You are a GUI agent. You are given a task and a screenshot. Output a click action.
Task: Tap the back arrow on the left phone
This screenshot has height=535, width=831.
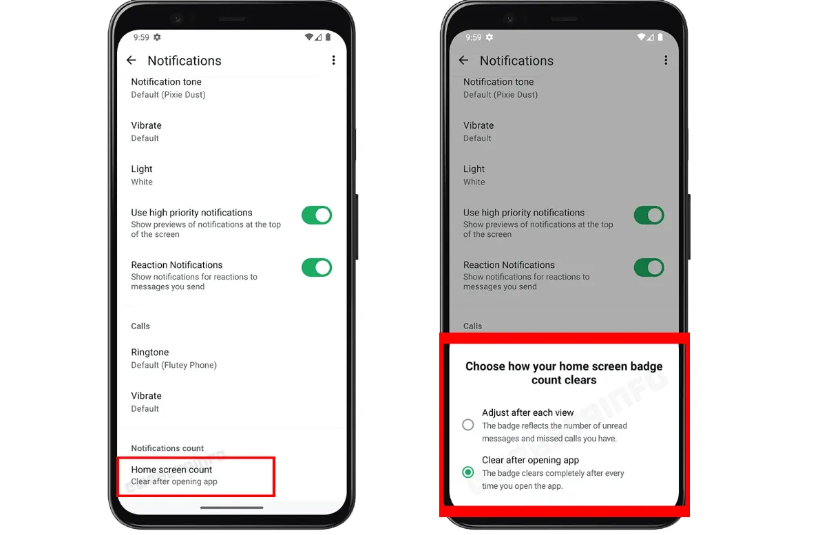click(132, 60)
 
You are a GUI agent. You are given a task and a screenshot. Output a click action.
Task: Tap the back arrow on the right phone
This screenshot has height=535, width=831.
click(463, 60)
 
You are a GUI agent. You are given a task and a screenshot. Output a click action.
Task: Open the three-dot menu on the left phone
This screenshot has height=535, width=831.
click(333, 60)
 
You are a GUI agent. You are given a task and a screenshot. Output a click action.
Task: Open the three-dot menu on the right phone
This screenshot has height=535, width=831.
click(666, 60)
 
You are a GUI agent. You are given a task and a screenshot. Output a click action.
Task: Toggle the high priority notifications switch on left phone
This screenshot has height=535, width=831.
click(317, 216)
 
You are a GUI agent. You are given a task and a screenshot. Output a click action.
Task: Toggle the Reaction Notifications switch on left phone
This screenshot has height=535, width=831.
click(317, 267)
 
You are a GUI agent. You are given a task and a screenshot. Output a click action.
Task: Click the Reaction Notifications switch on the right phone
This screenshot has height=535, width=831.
click(649, 267)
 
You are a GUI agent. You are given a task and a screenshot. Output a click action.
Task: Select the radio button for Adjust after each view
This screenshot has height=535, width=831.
click(467, 424)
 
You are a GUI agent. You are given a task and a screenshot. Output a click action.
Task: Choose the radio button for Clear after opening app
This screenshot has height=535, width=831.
click(467, 472)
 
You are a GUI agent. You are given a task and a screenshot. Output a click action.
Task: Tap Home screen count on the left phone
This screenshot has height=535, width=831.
click(171, 470)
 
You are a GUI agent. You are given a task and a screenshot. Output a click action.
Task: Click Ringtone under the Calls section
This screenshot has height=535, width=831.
click(150, 352)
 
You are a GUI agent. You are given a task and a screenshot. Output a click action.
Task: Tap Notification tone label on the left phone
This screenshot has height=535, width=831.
click(166, 82)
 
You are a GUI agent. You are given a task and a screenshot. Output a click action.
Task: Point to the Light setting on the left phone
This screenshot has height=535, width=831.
click(142, 169)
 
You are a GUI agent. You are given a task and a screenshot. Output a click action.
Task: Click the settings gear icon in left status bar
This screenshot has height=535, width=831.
click(157, 37)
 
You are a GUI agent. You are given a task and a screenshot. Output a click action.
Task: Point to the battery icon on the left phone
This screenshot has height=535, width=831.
click(328, 37)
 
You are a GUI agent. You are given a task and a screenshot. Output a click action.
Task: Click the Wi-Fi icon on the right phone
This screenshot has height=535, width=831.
click(641, 37)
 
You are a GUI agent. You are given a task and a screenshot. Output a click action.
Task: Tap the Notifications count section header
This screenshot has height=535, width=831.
click(167, 448)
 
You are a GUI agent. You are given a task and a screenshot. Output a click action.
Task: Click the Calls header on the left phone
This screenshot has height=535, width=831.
click(140, 326)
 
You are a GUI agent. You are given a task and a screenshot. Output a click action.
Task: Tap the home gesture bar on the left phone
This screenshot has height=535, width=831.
click(231, 507)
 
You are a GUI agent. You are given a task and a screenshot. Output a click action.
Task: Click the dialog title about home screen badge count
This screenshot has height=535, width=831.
click(564, 373)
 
